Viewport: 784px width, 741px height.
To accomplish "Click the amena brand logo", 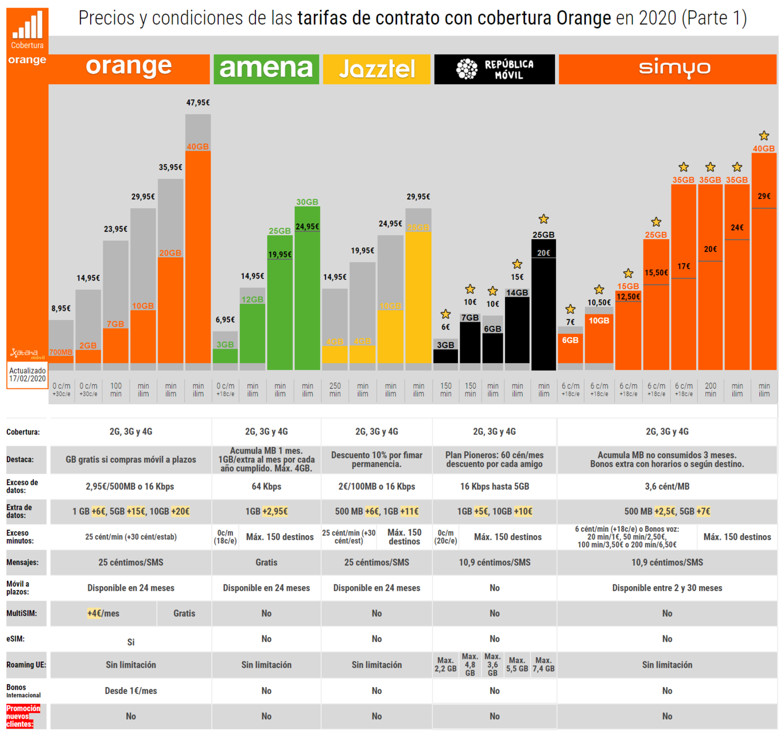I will coord(266,69).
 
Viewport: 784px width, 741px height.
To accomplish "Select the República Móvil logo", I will coord(494,69).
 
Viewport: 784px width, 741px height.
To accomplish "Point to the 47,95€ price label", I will coord(198,103).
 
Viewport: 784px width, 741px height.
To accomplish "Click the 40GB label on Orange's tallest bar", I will coord(197,147).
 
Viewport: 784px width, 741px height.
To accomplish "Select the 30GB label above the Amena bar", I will coord(307,202).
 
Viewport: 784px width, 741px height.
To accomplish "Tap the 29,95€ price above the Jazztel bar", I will coord(418,197).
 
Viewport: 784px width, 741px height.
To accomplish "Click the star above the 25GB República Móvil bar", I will coord(544,219).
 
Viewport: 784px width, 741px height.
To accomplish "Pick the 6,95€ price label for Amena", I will coord(225,319).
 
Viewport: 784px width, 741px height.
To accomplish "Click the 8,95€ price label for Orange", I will coord(61,309).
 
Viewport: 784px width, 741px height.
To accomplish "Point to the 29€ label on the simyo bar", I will coord(764,196).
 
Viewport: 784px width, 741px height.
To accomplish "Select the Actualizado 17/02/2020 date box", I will coord(28,375).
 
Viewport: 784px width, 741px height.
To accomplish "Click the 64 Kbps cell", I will coord(266,486).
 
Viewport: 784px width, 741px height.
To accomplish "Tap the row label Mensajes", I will coord(22,563).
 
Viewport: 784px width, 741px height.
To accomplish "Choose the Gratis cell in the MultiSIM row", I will coord(184,614).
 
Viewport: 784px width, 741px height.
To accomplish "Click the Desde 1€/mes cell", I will coord(131,691).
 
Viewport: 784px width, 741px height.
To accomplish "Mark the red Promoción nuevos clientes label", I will coord(24,716).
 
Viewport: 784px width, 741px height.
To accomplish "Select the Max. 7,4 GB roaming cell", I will coord(544,665).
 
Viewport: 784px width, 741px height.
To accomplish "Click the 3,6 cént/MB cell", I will coord(667,486).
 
